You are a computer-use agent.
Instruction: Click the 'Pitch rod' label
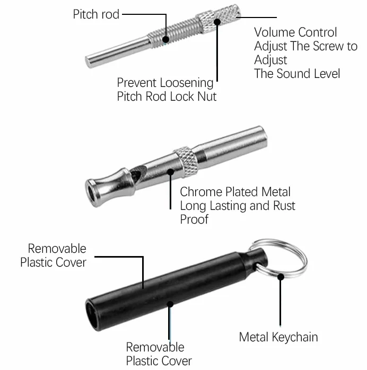coord(96,14)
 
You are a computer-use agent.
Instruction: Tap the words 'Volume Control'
coord(295,32)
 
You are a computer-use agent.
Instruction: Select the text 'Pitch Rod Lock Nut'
coord(167,96)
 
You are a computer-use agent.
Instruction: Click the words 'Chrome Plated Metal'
coord(235,192)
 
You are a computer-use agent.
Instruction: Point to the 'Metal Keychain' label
coord(278,337)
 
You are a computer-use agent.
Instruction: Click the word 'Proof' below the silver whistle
coord(194,219)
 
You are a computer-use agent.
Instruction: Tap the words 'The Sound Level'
coord(297,74)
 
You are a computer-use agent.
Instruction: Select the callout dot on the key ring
coord(281,277)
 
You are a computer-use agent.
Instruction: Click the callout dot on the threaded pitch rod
coord(166,39)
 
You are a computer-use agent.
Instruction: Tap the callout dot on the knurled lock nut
coord(217,22)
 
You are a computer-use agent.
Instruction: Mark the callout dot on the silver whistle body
coord(171,172)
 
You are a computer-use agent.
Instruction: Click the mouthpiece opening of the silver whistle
coord(92,193)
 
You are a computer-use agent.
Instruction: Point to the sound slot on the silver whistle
coord(136,174)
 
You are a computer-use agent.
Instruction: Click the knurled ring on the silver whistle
coord(186,162)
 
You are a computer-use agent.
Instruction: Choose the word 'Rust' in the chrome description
coord(284,206)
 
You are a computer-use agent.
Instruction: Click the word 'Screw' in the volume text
coord(328,46)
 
